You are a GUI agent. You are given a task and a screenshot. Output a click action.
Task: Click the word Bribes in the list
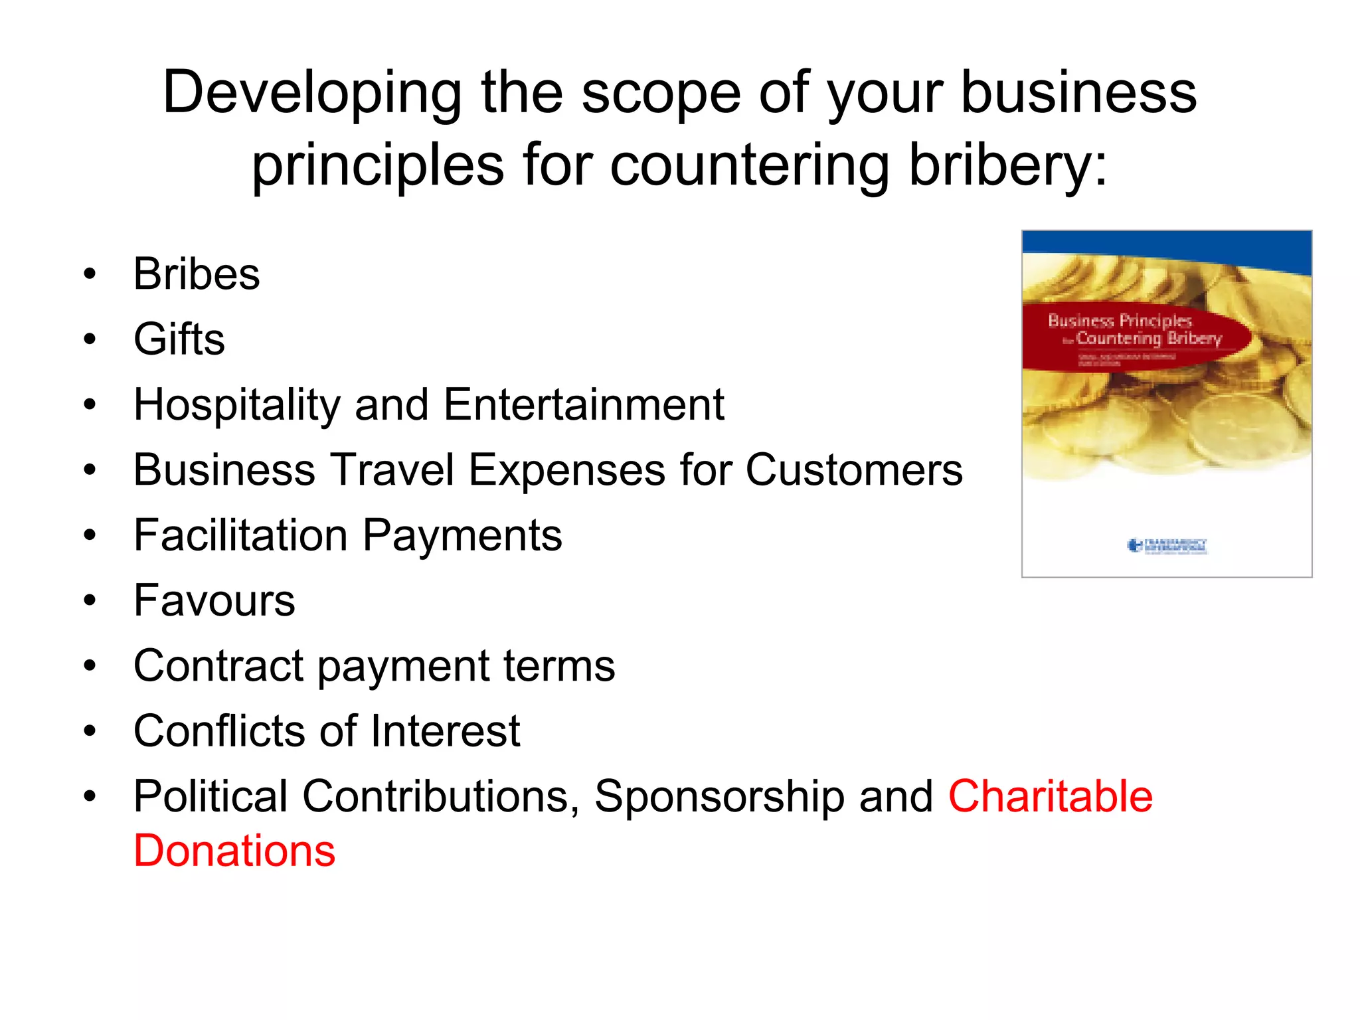coord(197,274)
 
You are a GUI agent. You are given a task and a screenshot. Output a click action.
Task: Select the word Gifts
coord(179,339)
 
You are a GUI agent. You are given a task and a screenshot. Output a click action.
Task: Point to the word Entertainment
coord(584,404)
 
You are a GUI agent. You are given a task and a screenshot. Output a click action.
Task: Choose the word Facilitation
coord(240,535)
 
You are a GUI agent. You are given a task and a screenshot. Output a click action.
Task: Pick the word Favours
coord(214,600)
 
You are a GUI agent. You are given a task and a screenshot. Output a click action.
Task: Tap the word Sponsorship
coord(719,796)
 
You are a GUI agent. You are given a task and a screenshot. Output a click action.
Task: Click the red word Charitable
coord(1050,796)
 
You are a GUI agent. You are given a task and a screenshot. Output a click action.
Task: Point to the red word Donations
coord(234,851)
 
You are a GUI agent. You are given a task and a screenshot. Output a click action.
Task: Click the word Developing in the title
coord(312,93)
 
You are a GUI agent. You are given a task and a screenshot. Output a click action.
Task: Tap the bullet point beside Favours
coord(90,601)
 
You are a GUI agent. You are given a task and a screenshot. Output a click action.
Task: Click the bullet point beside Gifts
coord(90,340)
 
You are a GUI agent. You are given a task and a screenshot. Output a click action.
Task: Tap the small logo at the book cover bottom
coord(1167,546)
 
